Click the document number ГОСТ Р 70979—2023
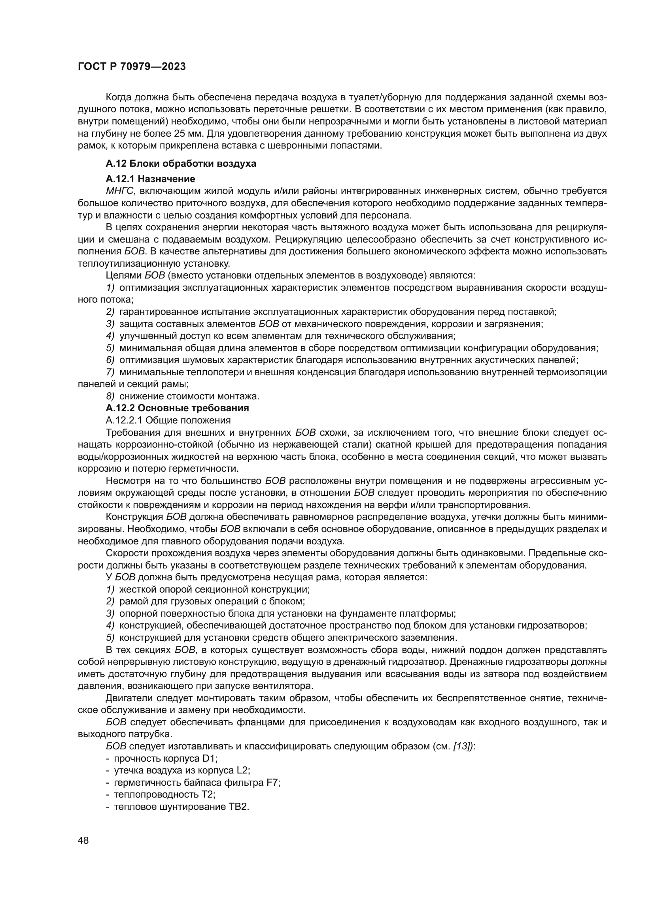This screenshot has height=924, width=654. (132, 67)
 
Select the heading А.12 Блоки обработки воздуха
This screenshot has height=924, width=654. (181, 164)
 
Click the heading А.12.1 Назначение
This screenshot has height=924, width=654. (150, 179)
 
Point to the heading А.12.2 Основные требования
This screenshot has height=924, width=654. (177, 408)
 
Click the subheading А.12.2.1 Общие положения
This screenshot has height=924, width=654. (168, 421)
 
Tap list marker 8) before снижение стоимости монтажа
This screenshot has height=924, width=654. (110, 396)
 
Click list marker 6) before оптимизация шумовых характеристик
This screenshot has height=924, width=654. (110, 360)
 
